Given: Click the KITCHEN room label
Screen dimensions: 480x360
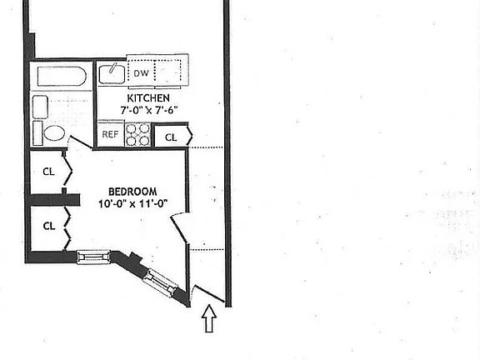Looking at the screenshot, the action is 148,98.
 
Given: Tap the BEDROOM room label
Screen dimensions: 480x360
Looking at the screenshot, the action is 132,192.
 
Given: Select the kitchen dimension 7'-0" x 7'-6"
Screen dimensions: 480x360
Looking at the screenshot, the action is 149,110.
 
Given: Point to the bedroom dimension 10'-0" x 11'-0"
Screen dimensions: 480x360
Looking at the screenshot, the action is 133,203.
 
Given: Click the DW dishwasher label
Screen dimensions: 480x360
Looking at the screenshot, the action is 141,73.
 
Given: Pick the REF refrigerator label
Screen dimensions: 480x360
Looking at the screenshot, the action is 110,134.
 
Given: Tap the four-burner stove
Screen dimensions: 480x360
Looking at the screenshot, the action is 137,134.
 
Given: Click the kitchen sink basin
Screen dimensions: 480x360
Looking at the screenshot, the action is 112,73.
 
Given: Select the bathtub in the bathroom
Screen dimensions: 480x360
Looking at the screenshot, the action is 62,76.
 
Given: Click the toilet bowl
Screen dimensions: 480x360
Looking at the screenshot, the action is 54,133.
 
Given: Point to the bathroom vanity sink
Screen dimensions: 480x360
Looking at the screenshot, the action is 40,107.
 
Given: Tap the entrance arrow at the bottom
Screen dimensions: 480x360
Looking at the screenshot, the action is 209,318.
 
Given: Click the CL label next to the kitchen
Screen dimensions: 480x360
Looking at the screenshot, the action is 171,137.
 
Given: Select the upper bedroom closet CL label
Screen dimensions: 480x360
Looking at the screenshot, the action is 48,172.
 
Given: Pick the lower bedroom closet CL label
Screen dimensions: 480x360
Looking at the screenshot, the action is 49,226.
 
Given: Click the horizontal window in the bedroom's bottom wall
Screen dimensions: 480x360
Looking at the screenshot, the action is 93,257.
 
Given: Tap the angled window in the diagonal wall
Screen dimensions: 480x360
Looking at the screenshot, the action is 160,282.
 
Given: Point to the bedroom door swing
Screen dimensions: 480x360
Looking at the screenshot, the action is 179,227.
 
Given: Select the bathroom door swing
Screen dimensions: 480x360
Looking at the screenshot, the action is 80,142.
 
